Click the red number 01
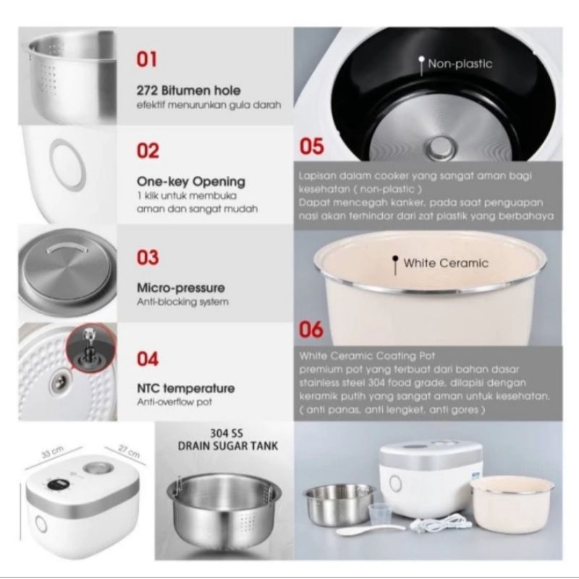pyautogui.click(x=147, y=59)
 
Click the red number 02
pyautogui.click(x=148, y=151)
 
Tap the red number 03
pyautogui.click(x=148, y=258)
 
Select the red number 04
pyautogui.click(x=148, y=358)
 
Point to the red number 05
pyautogui.click(x=312, y=146)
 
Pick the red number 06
pyautogui.click(x=311, y=329)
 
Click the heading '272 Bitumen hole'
pyautogui.click(x=189, y=90)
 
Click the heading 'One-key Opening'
pyautogui.click(x=191, y=182)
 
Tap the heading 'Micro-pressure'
pyautogui.click(x=180, y=287)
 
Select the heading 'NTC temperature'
pyautogui.click(x=186, y=389)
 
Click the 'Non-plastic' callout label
pyautogui.click(x=460, y=64)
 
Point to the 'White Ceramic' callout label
pyautogui.click(x=446, y=263)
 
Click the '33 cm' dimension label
pyautogui.click(x=52, y=452)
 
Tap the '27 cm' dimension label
pyautogui.click(x=130, y=451)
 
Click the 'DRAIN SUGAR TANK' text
pyautogui.click(x=228, y=446)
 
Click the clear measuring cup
pyautogui.click(x=381, y=513)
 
